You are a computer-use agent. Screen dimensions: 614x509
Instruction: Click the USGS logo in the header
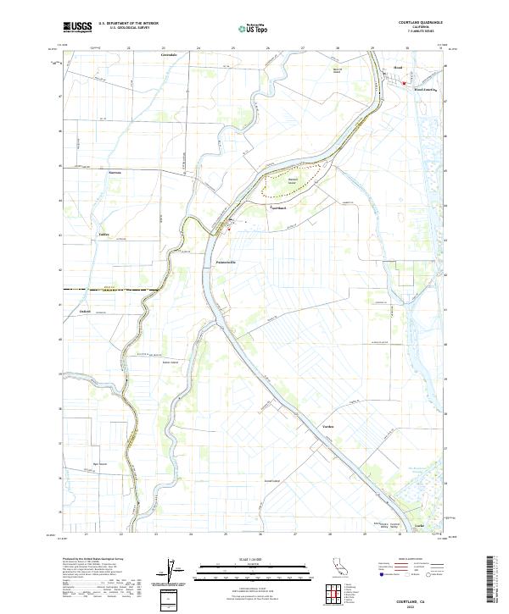pos(78,27)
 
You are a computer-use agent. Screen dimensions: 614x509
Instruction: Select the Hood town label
pos(397,67)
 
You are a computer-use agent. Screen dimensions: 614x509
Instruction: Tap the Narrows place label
pos(115,171)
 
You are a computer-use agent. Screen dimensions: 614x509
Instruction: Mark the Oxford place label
pos(85,311)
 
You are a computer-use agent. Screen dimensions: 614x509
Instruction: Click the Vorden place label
pos(328,426)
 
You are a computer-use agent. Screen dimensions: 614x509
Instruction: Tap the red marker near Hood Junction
pos(404,83)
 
